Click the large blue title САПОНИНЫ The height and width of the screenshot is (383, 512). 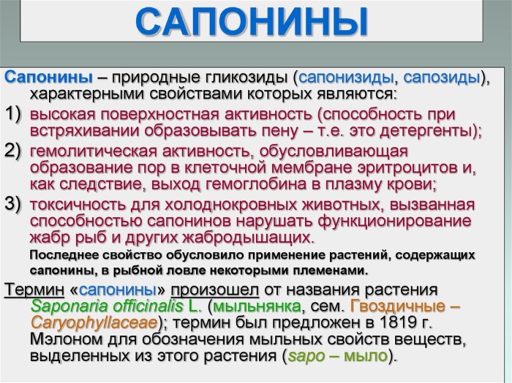point(252,21)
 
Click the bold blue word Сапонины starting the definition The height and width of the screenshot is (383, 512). point(49,78)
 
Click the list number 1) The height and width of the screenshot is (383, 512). point(13,115)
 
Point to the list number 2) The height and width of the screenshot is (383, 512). point(13,151)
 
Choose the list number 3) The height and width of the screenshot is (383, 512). point(13,205)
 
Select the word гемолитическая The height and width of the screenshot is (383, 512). point(94,152)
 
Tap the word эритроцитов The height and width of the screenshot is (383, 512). point(407,168)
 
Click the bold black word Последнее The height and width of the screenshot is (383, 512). point(64,255)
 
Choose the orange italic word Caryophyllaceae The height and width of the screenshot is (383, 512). point(94,323)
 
